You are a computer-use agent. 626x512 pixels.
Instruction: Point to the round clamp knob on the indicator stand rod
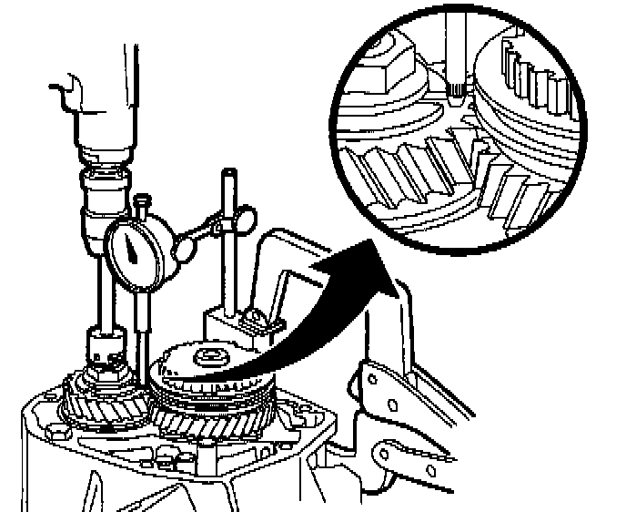click(x=243, y=219)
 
